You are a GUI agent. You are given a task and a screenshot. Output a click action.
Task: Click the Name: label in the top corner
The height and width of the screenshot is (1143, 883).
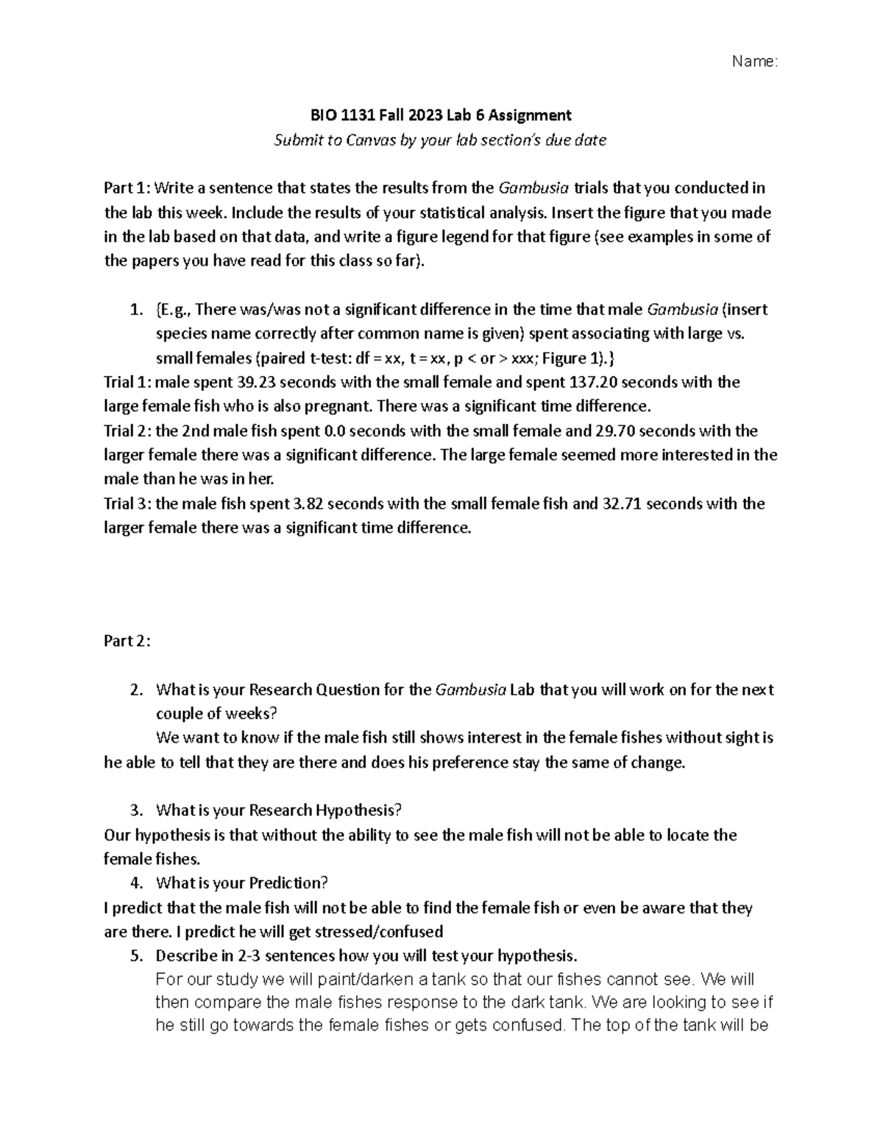pyautogui.click(x=754, y=62)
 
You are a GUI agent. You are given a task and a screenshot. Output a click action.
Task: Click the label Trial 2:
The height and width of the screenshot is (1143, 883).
pyautogui.click(x=127, y=431)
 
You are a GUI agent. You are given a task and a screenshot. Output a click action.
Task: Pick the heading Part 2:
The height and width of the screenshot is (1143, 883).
pyautogui.click(x=127, y=641)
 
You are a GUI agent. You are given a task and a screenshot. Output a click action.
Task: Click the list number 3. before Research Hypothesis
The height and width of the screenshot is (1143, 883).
pyautogui.click(x=135, y=811)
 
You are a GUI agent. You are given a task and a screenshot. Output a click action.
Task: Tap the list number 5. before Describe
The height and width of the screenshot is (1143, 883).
pyautogui.click(x=135, y=956)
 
